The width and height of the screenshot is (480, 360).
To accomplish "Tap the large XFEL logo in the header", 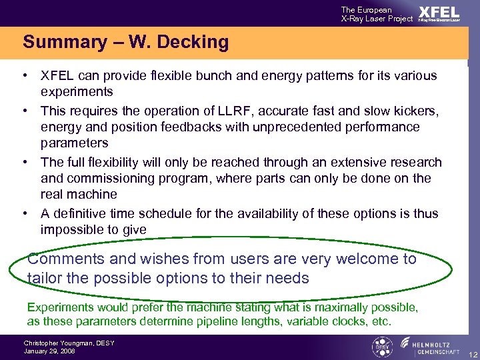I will coord(439,12).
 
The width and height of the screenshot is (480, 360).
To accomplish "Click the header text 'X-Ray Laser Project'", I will coord(377,19).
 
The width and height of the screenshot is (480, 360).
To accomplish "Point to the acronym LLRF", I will coord(235,111).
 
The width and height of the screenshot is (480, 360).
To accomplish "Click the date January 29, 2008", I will coord(49,351).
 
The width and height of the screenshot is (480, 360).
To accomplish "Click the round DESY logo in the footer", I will coord(381,347).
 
